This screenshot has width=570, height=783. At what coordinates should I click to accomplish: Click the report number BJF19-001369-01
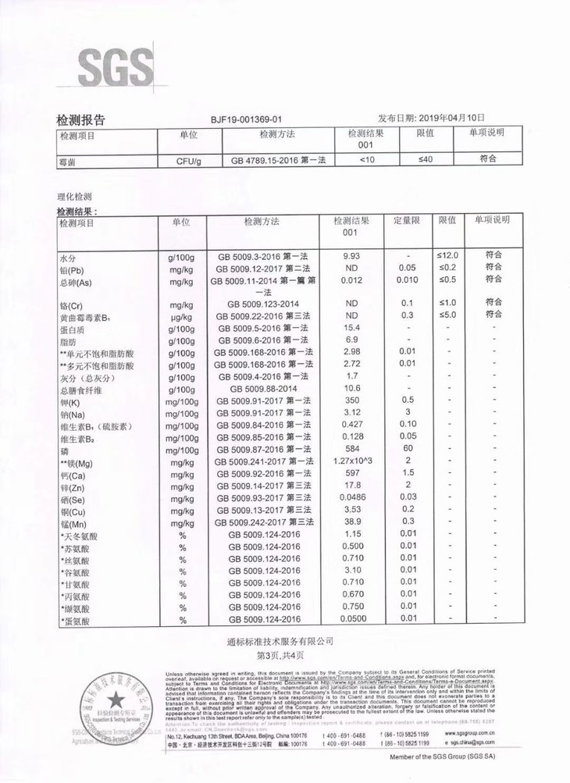pyautogui.click(x=246, y=119)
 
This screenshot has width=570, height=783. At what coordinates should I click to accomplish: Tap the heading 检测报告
pyautogui.click(x=80, y=119)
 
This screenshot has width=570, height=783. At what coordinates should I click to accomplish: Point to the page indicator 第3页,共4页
pyautogui.click(x=284, y=656)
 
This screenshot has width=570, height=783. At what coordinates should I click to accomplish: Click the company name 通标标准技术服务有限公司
pyautogui.click(x=285, y=642)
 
